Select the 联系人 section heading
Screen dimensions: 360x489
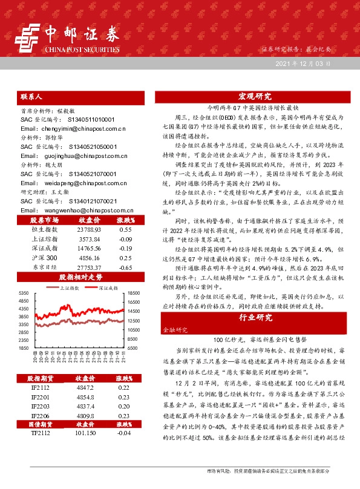click(30, 96)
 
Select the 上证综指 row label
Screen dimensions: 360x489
click(43, 239)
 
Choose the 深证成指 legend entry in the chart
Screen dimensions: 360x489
click(108, 289)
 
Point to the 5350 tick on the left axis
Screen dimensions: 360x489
click(25, 293)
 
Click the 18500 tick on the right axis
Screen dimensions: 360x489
click(134, 293)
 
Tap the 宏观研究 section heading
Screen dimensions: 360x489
click(255, 96)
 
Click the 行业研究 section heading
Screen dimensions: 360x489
click(255, 317)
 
